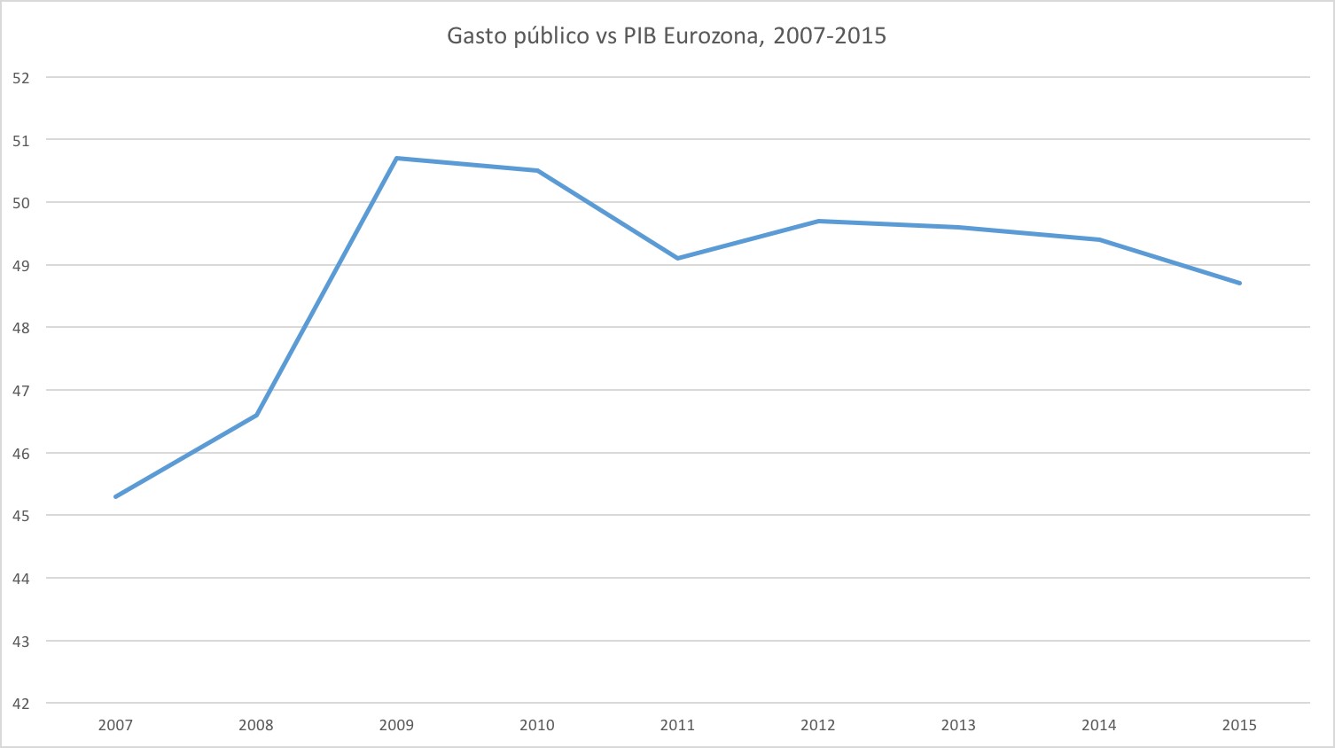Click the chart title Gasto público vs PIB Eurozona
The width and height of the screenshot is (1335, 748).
click(666, 36)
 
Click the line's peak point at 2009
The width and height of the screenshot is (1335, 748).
click(396, 159)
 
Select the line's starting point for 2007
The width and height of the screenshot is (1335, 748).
click(116, 496)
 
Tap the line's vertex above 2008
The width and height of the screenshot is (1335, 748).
click(256, 415)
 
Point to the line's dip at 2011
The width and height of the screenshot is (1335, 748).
click(677, 258)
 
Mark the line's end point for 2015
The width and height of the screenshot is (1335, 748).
click(1239, 283)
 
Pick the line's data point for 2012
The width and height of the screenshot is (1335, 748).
click(818, 221)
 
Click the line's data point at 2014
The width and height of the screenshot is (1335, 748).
click(1099, 239)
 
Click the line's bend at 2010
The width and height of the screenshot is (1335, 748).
click(537, 171)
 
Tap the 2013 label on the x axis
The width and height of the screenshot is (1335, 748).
click(958, 725)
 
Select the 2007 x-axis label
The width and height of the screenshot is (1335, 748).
click(116, 725)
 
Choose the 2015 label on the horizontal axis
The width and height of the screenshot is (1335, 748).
click(1239, 725)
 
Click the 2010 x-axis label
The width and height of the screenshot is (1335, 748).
click(537, 725)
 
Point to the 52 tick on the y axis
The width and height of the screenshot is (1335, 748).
click(21, 78)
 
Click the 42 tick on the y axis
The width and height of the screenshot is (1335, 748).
click(21, 704)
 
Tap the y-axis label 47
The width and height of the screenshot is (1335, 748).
click(21, 391)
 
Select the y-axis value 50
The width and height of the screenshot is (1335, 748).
click(21, 203)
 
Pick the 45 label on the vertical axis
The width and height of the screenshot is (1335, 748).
click(21, 516)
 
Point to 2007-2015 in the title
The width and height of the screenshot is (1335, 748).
click(830, 36)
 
